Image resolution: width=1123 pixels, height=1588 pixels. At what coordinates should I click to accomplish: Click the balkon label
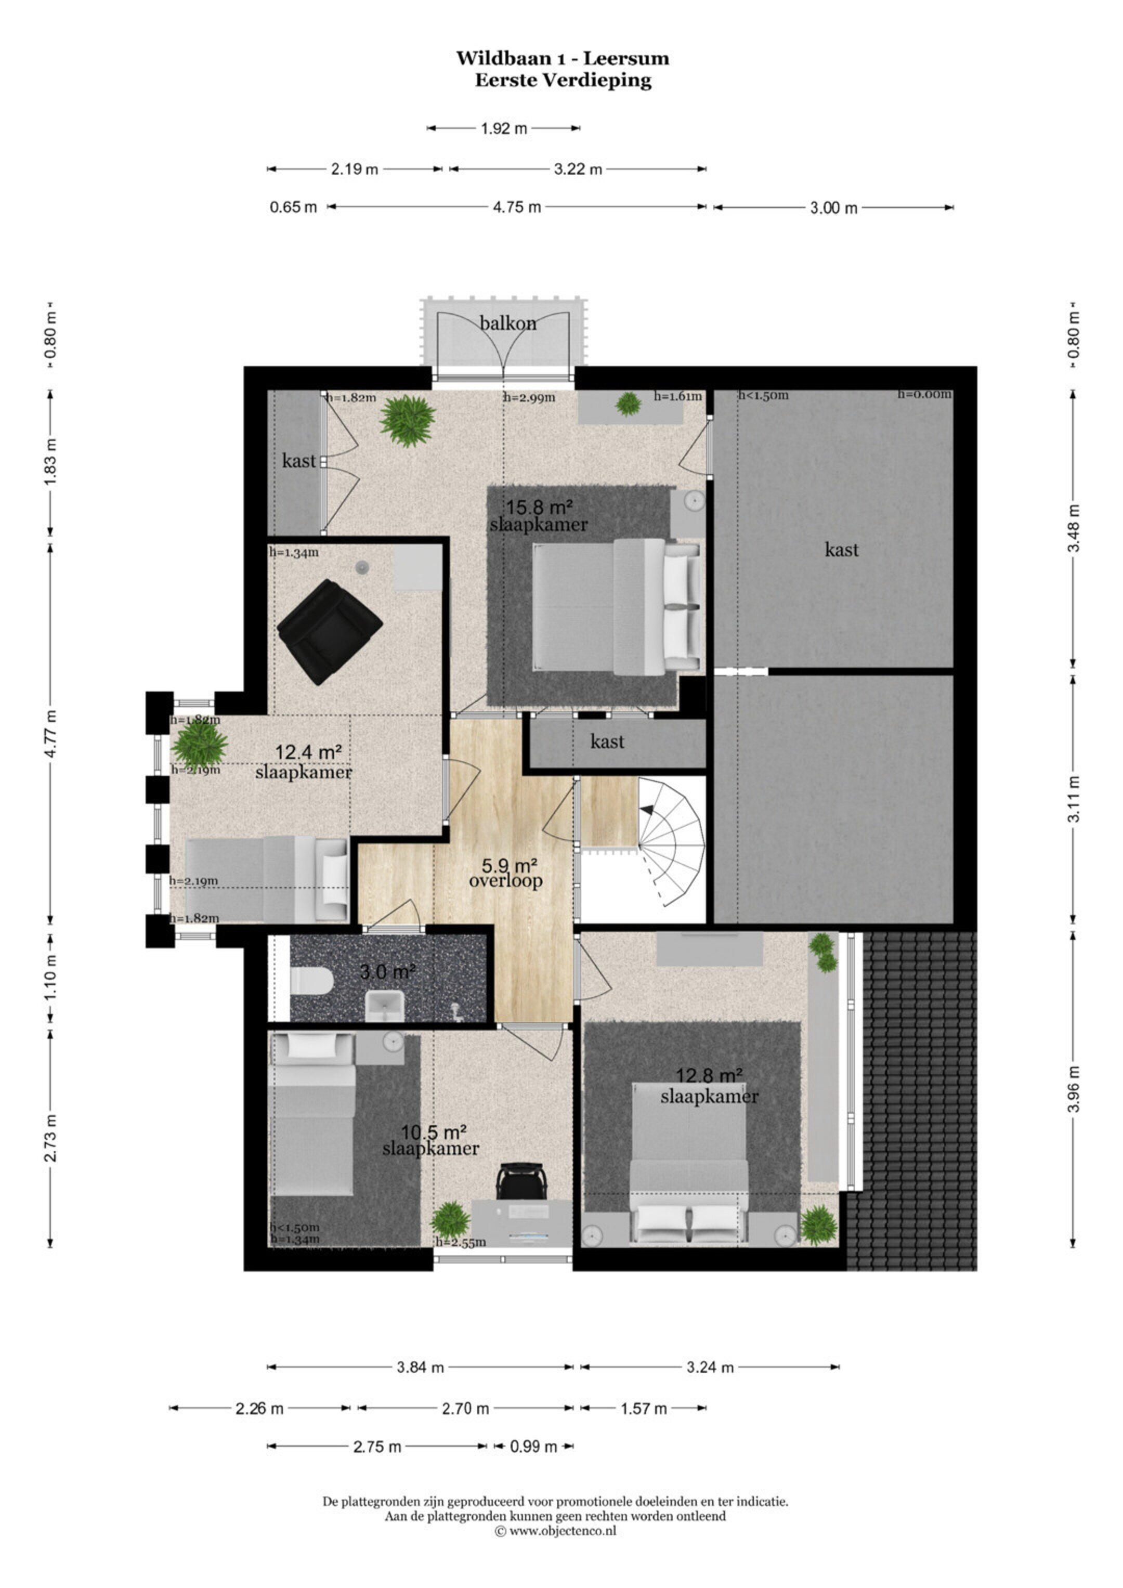508,323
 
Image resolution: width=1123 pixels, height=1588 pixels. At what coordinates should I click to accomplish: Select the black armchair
329,631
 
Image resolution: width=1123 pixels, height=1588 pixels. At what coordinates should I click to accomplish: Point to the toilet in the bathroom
311,980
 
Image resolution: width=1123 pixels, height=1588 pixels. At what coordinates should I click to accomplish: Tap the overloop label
505,881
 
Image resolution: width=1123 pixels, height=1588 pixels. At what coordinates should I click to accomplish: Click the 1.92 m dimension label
504,128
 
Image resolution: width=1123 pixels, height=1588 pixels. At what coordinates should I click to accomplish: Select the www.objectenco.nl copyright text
555,1531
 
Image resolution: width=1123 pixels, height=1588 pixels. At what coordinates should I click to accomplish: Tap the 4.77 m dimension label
50,733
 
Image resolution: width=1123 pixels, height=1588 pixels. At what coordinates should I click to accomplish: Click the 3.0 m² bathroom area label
387,972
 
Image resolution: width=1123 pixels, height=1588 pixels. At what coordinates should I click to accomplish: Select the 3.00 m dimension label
833,207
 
